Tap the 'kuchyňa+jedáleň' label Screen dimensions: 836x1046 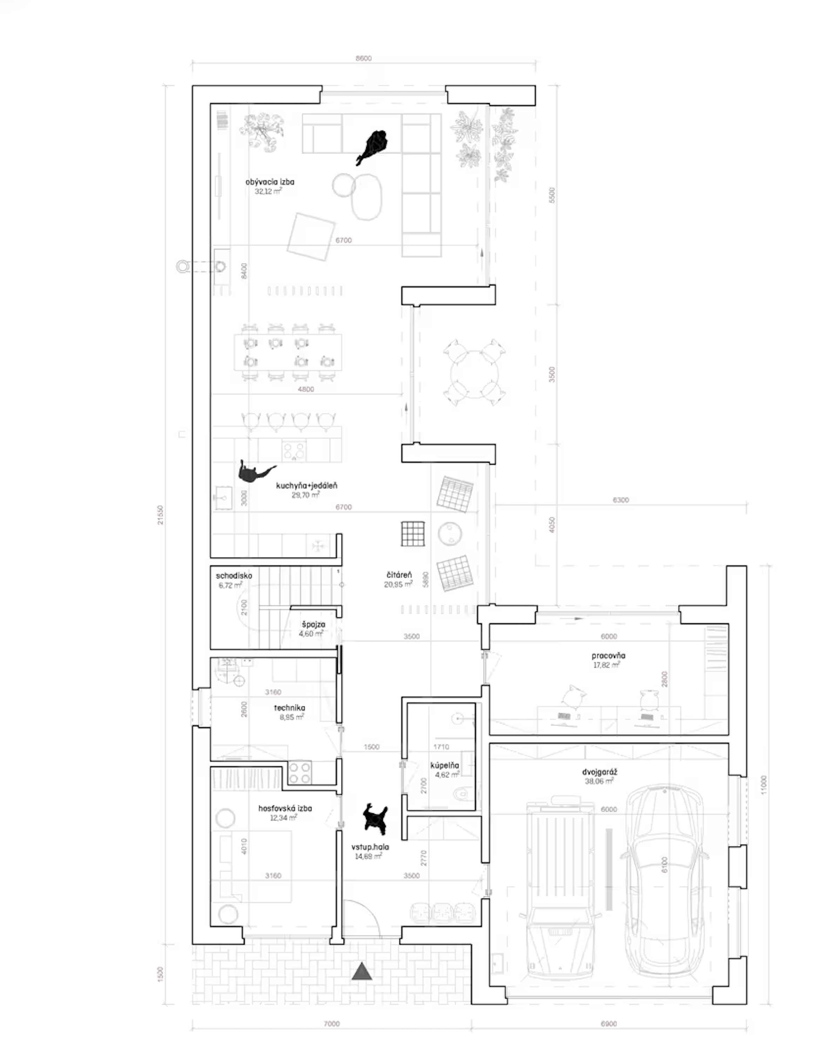pyautogui.click(x=306, y=485)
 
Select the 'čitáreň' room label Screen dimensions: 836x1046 pyautogui.click(x=399, y=575)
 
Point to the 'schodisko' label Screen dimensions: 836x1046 pyautogui.click(x=234, y=576)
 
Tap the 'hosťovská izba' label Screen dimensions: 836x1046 pyautogui.click(x=285, y=808)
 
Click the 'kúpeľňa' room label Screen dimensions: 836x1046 pyautogui.click(x=444, y=766)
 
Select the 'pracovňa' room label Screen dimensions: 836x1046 pyautogui.click(x=608, y=656)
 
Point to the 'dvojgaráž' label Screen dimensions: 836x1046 pyautogui.click(x=600, y=772)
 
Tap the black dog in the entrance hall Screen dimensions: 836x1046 pyautogui.click(x=375, y=818)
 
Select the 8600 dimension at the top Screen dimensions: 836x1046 pyautogui.click(x=363, y=58)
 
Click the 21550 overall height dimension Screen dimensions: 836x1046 pyautogui.click(x=161, y=515)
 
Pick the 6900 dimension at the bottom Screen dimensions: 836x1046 pyautogui.click(x=608, y=1024)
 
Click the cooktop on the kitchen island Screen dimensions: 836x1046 pyautogui.click(x=294, y=450)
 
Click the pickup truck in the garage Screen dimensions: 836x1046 pyautogui.click(x=560, y=889)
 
